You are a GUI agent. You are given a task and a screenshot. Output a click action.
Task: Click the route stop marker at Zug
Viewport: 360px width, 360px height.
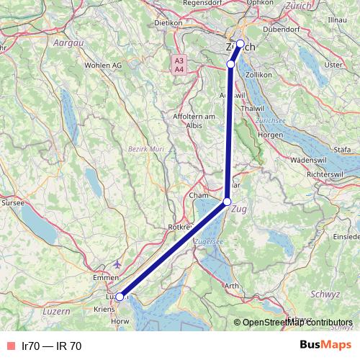coord(228,202)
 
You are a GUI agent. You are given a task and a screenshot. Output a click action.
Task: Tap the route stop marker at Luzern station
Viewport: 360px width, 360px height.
coord(120,296)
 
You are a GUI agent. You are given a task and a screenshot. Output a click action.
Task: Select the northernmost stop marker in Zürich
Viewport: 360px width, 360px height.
coord(240,43)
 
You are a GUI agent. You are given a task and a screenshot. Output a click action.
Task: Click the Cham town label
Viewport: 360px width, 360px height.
coord(197,195)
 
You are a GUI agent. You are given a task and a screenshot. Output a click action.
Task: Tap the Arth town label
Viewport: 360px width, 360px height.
coord(232,286)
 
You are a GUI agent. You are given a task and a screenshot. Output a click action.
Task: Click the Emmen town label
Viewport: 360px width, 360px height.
coord(106,276)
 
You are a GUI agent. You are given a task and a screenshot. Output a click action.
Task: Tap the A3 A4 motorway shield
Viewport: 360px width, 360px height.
coord(179,64)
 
